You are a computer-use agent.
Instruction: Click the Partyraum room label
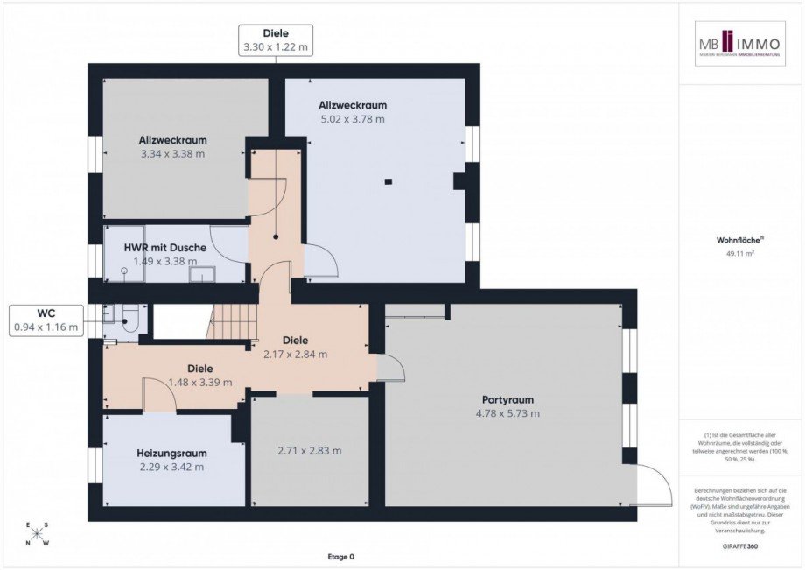coord(507,399)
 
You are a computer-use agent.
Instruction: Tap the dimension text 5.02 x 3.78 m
coord(352,119)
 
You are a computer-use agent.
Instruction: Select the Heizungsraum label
coord(171,453)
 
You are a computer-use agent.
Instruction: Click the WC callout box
coord(45,320)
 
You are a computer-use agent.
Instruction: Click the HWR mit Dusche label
coord(164,248)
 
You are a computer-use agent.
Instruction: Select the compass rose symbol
coord(38,534)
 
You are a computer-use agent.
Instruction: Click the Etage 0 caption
coord(339,557)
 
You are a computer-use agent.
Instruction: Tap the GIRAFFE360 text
coord(740,545)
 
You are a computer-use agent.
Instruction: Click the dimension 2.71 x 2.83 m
coord(309,451)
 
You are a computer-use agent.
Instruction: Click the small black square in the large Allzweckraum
coord(388,182)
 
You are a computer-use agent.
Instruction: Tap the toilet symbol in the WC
coord(128,320)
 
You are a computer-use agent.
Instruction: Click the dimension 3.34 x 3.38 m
coord(172,154)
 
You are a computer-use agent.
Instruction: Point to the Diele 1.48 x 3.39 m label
coord(199,376)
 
